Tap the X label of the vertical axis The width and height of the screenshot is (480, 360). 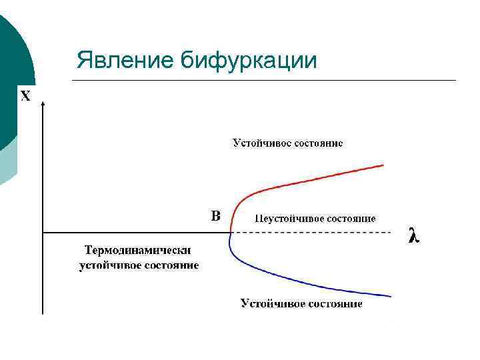(25, 96)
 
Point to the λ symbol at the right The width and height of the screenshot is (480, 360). (414, 235)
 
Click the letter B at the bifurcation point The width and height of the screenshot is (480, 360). (215, 216)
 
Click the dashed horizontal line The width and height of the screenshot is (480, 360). (313, 233)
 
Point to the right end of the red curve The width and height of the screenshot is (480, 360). (384, 165)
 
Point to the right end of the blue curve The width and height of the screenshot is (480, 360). (391, 296)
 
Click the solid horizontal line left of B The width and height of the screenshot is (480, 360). (133, 233)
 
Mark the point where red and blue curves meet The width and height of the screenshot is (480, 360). (229, 233)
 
